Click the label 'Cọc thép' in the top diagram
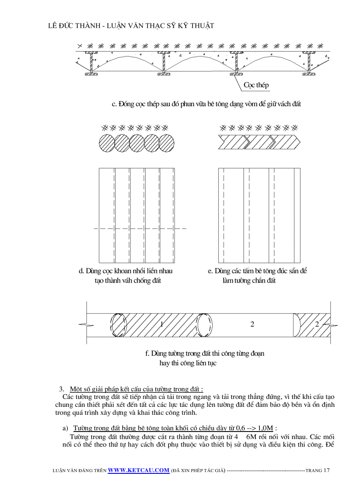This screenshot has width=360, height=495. click(256, 85)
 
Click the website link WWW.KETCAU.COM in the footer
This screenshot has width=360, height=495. click(139, 470)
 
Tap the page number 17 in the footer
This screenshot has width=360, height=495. click(326, 470)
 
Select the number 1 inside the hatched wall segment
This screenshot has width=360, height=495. click(162, 324)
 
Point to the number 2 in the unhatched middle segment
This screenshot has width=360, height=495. click(252, 324)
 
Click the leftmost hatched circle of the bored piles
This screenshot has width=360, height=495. click(106, 143)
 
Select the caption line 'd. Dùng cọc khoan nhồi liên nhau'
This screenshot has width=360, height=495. click(125, 271)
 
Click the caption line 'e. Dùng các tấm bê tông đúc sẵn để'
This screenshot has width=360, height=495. click(257, 271)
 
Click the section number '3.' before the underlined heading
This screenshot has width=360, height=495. click(62, 389)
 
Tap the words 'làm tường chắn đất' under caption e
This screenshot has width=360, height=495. click(249, 281)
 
